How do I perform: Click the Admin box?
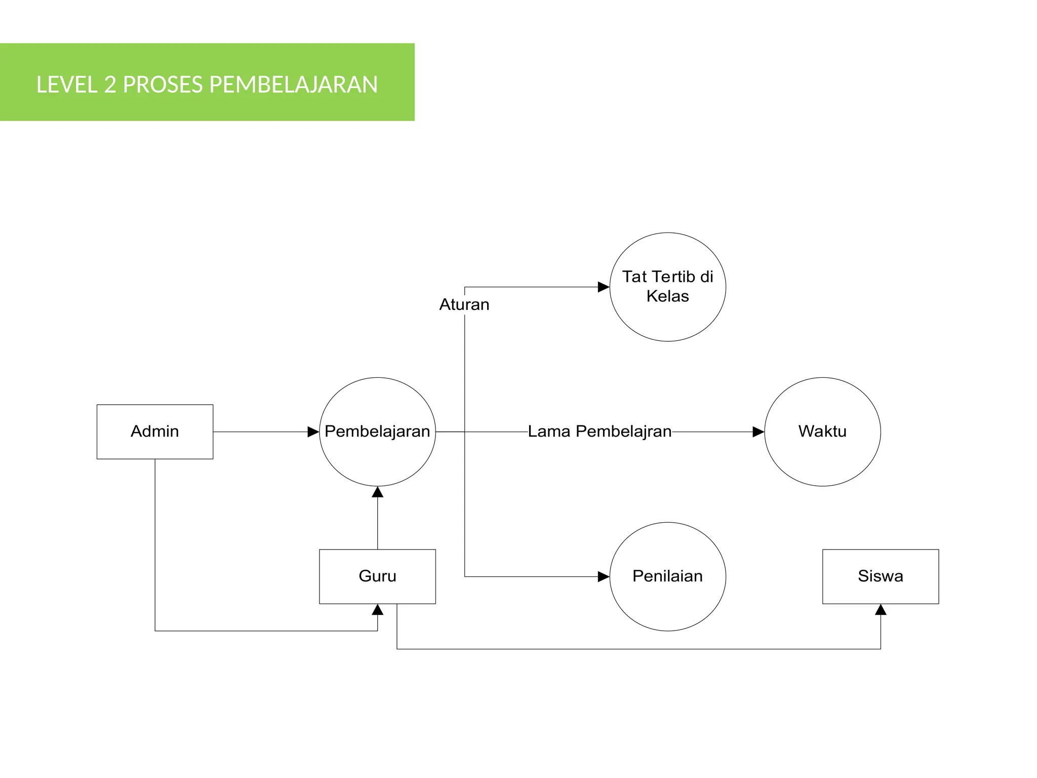pyautogui.click(x=154, y=432)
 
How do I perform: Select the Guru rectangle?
pyautogui.click(x=377, y=576)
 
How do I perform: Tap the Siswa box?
pyautogui.click(x=880, y=576)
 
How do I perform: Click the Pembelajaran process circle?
pyautogui.click(x=377, y=432)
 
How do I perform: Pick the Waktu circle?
pyautogui.click(x=822, y=432)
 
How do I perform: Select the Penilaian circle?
pyautogui.click(x=667, y=576)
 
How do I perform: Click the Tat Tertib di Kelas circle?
pyautogui.click(x=667, y=287)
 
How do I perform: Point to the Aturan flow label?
pyautogui.click(x=464, y=304)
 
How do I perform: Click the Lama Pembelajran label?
pyautogui.click(x=600, y=432)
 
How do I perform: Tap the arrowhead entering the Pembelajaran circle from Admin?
pyautogui.click(x=313, y=432)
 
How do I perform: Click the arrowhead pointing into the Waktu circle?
pyautogui.click(x=758, y=432)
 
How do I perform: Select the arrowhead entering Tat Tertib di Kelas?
pyautogui.click(x=604, y=287)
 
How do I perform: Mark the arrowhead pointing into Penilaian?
pyautogui.click(x=604, y=576)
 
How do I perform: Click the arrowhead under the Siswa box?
pyautogui.click(x=881, y=610)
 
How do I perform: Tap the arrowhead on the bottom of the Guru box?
pyautogui.click(x=377, y=610)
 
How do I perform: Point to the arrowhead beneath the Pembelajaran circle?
pyautogui.click(x=377, y=492)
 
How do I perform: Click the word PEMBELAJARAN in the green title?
pyautogui.click(x=293, y=85)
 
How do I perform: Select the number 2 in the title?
pyautogui.click(x=110, y=85)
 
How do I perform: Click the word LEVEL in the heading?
pyautogui.click(x=67, y=85)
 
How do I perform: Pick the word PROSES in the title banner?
pyautogui.click(x=163, y=85)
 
